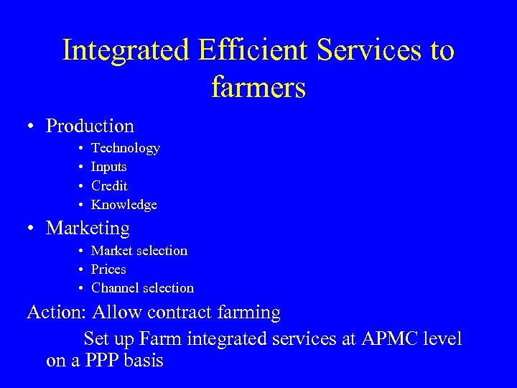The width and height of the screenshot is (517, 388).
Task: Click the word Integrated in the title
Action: [126, 51]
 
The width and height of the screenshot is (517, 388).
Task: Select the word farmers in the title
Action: [258, 88]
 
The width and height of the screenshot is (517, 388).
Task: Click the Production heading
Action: [90, 126]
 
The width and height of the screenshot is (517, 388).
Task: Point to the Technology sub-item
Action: [126, 148]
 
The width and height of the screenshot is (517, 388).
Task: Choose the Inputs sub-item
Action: [109, 167]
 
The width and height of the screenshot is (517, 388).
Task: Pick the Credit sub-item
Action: [109, 185]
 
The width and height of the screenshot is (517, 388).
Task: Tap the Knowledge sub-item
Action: [124, 205]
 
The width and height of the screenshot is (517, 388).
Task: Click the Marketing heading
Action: [88, 228]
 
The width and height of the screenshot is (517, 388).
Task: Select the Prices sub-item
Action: [108, 269]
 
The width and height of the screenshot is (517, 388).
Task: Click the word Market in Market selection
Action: [111, 251]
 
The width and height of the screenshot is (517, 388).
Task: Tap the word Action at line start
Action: [53, 313]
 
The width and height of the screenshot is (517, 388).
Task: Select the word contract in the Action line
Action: [189, 313]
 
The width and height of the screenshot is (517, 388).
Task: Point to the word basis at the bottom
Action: [144, 360]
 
